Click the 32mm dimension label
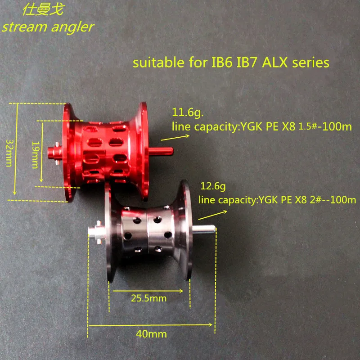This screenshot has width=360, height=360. (x=9, y=153)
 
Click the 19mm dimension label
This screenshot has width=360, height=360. (x=36, y=155)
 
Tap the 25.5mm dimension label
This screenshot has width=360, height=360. (x=149, y=298)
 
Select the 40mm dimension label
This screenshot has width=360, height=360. (x=151, y=334)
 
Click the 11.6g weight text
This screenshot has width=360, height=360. (x=188, y=112)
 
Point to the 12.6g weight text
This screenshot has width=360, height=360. (x=213, y=186)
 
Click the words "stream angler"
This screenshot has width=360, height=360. (x=48, y=27)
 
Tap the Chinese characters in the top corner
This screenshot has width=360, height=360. (x=43, y=10)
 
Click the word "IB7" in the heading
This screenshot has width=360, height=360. (x=246, y=63)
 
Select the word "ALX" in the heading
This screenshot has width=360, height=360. (x=274, y=63)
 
